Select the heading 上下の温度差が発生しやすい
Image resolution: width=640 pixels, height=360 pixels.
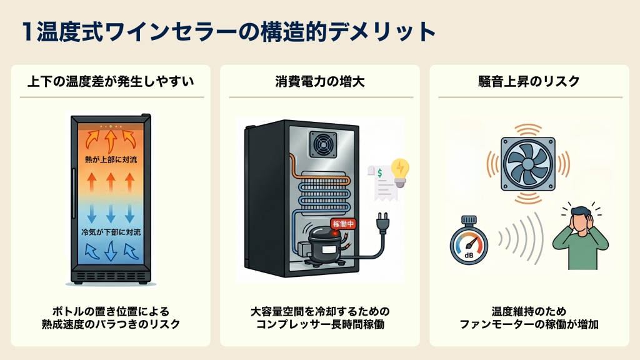[111, 82]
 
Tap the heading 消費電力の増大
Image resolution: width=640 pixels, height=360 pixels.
[319, 82]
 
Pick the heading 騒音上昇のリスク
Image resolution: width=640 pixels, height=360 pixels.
[529, 82]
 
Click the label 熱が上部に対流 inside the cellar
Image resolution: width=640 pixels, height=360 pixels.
[111, 160]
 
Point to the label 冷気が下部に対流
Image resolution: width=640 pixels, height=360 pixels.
[111, 232]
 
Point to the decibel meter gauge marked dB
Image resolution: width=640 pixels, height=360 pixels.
[469, 241]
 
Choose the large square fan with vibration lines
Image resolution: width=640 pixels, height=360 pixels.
[529, 164]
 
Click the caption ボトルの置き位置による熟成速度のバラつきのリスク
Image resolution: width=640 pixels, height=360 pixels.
[111, 317]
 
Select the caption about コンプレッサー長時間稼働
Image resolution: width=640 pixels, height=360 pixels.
[319, 317]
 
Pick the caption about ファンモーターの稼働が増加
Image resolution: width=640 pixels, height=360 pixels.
[529, 317]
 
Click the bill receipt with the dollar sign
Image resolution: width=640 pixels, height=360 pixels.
[379, 182]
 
